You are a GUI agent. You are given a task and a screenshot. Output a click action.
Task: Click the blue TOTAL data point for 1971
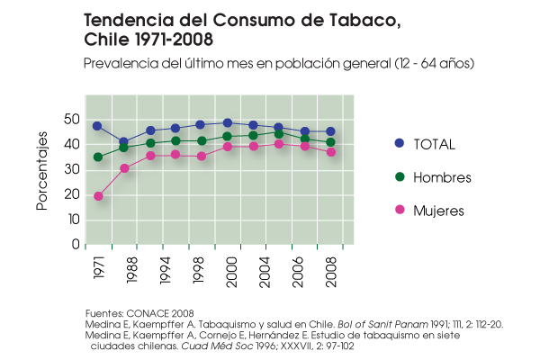pos(97,126)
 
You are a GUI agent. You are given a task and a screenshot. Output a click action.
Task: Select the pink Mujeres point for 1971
pos(98,196)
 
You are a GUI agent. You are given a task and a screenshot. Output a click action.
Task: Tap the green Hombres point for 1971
pos(98,157)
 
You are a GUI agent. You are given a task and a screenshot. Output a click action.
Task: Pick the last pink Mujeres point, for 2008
pos(331,152)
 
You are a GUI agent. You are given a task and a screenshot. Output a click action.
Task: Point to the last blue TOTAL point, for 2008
pos(331,131)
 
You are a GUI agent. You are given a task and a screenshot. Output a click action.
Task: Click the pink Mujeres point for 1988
pos(124,168)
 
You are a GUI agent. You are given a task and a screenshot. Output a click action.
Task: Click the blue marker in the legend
pos(400,143)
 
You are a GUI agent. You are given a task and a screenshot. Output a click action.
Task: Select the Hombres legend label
pos(442,177)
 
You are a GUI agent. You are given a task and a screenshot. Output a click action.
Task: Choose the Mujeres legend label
pos(438,211)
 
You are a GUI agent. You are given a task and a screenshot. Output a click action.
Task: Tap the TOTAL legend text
pos(434,144)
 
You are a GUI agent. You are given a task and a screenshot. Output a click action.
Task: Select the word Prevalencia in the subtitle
pos(121,64)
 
